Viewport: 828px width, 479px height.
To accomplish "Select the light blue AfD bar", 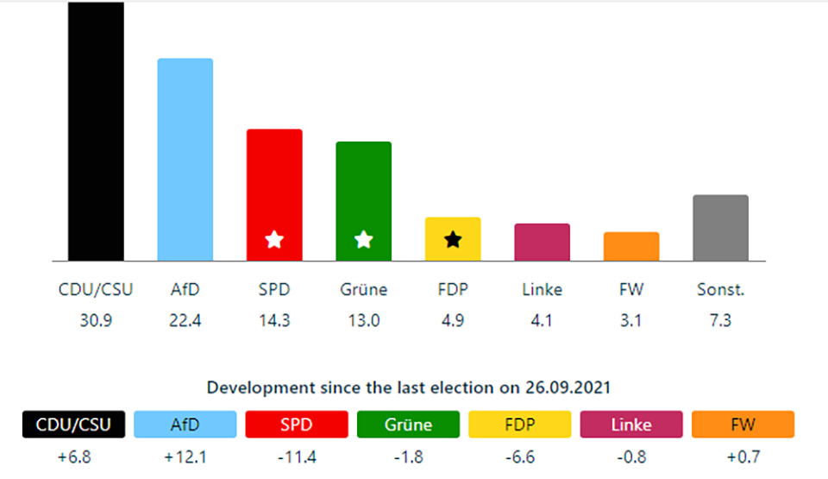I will coord(185,160).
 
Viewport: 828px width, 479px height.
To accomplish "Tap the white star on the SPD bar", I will coord(274,239).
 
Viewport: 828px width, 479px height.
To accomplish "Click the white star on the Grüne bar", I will coord(363,239).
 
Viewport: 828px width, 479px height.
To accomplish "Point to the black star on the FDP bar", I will coord(453,239).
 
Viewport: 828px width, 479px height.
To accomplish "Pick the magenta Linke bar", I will coord(542,243).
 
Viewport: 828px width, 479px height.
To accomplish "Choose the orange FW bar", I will coord(631,247).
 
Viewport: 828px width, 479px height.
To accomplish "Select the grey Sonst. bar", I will coord(720,228).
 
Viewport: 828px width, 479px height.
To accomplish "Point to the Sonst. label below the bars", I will coord(720,290).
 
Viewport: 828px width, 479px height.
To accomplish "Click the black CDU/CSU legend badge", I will coord(73,425).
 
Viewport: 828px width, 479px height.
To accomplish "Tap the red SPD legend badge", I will coord(297,425).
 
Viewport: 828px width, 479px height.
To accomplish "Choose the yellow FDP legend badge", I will coord(520,425).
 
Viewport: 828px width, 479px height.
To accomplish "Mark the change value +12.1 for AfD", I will coord(185,457).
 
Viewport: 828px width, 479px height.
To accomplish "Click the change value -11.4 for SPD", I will coord(297,457).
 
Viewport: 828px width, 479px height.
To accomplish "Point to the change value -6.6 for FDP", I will coord(520,457).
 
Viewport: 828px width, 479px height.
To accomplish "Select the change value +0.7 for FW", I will coord(743,457).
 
